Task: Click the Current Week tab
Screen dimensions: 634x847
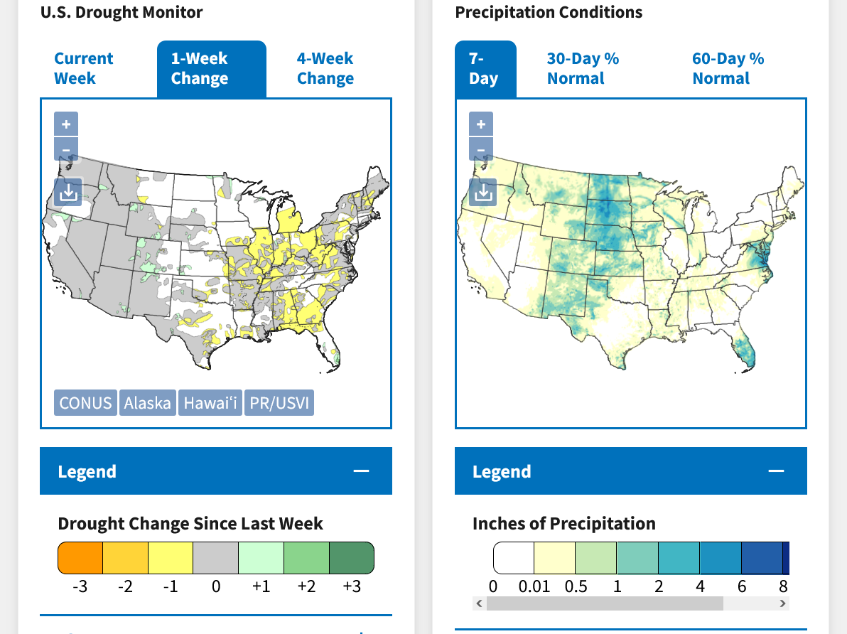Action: [x=83, y=68]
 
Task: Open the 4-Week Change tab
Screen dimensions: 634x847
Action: [x=325, y=68]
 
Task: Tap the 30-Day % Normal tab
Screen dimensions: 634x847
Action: [x=583, y=68]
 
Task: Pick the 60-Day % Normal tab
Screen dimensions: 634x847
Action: [x=728, y=68]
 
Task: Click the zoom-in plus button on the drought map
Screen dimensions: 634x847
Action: [x=66, y=124]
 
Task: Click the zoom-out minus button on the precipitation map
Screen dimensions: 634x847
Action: [x=481, y=150]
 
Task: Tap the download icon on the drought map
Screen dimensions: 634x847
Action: [x=68, y=191]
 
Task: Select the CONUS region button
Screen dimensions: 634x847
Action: [x=85, y=403]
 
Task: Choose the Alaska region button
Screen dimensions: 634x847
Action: [x=147, y=403]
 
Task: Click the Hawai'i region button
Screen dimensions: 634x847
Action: [x=210, y=403]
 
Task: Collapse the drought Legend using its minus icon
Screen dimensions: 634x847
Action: [x=361, y=471]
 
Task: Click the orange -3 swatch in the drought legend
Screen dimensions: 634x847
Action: [x=80, y=557]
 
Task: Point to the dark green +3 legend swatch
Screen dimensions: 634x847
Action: [x=352, y=557]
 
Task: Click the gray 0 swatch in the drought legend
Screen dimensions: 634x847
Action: [x=215, y=557]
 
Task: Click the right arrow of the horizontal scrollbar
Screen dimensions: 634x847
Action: [x=783, y=603]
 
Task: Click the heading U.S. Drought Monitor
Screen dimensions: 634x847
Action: [x=122, y=12]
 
